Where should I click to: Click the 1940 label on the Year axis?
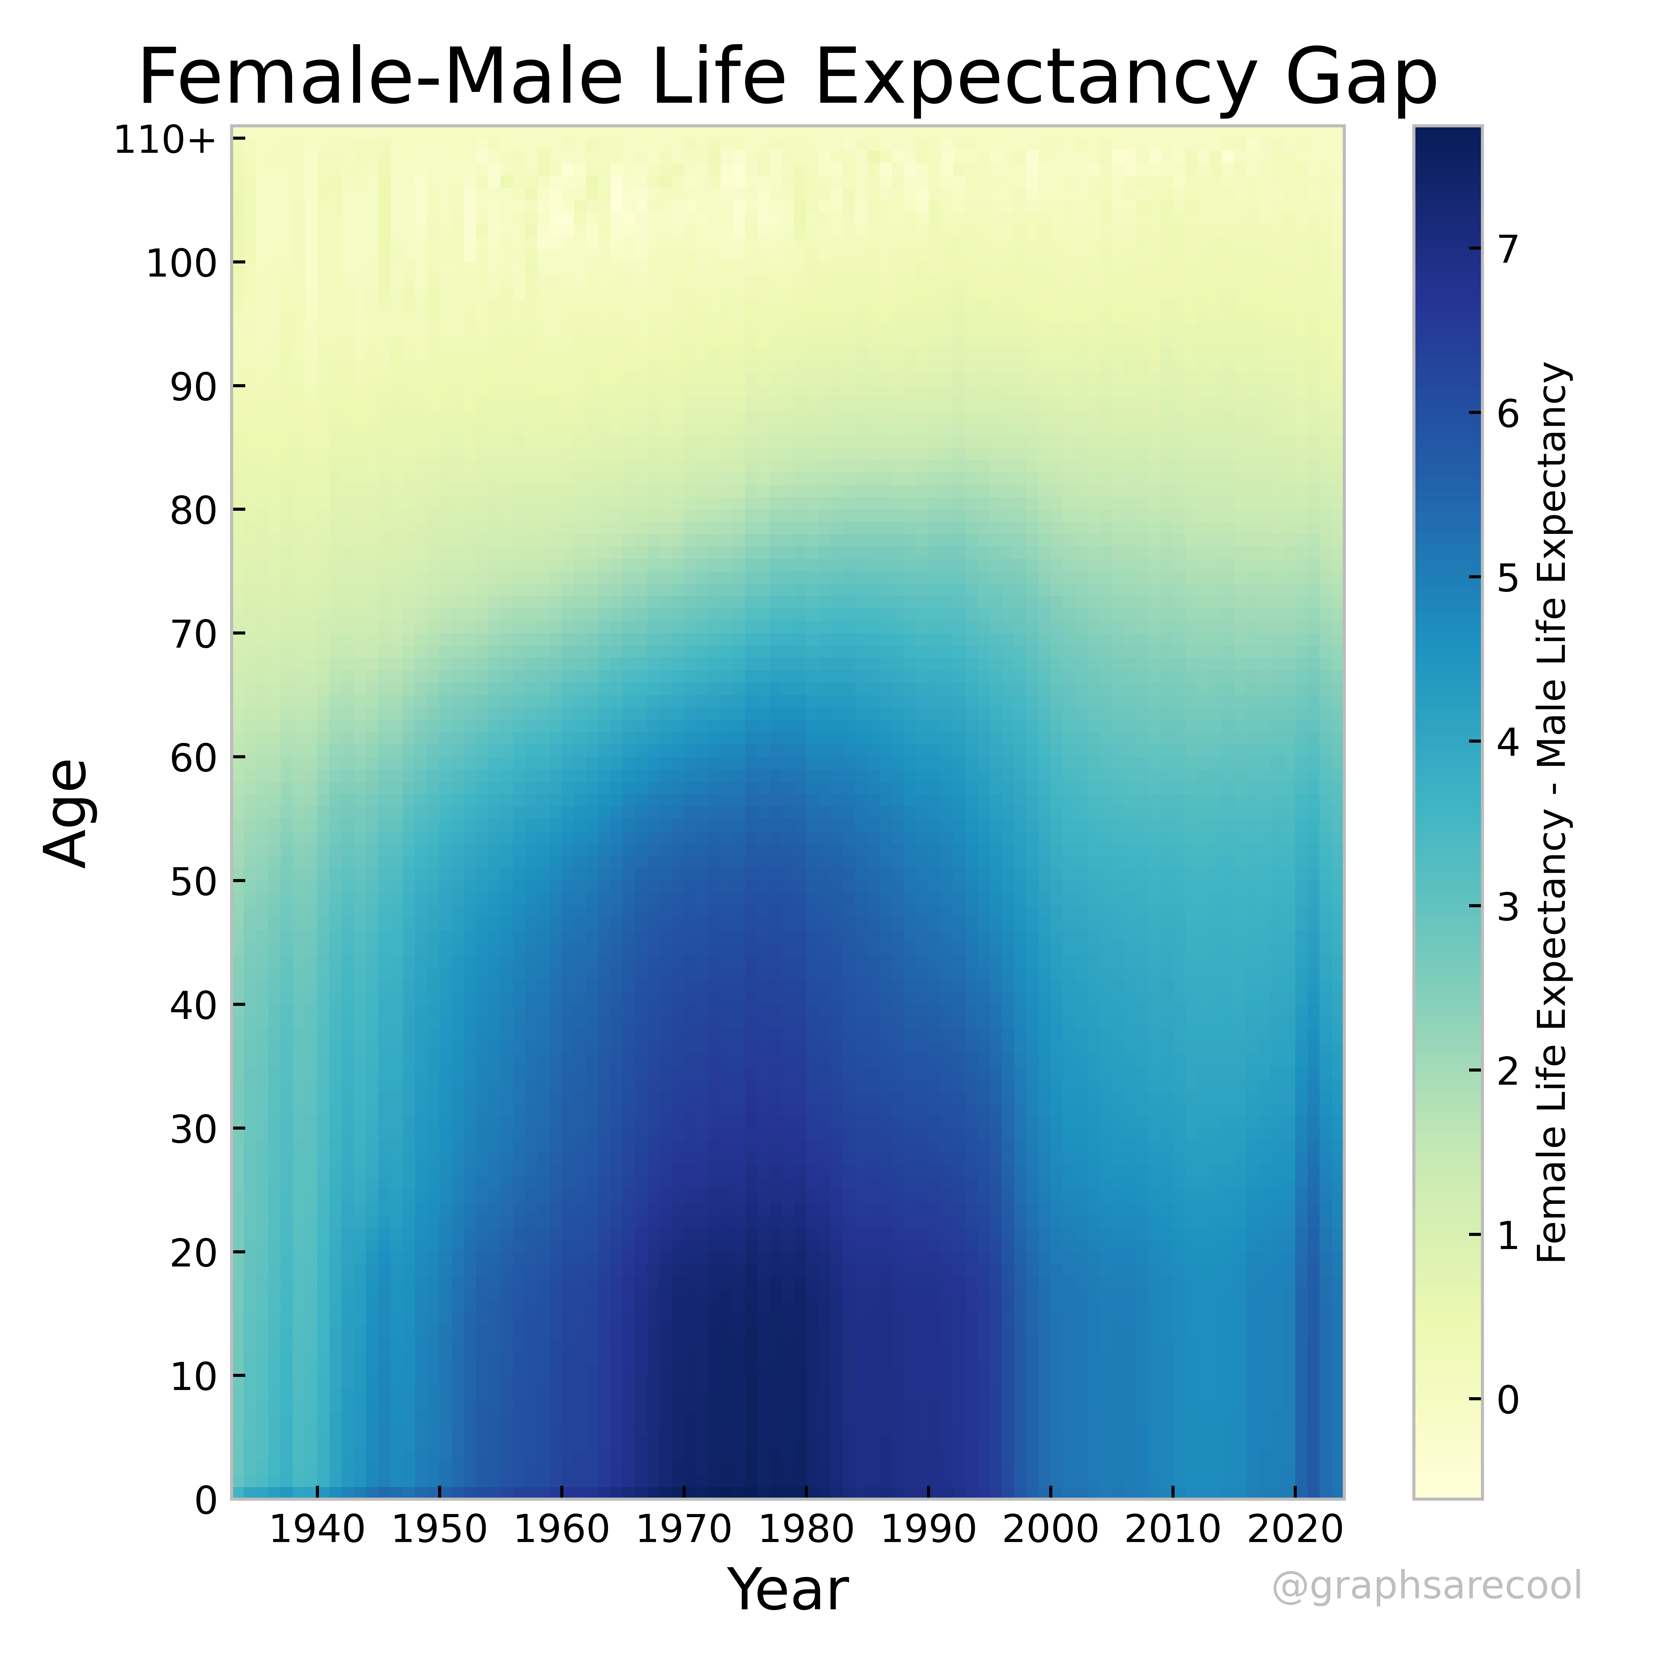pyautogui.click(x=318, y=1530)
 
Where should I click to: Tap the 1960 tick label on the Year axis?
pyautogui.click(x=562, y=1530)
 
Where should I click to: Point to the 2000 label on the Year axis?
pyautogui.click(x=1050, y=1530)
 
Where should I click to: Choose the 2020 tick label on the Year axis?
pyautogui.click(x=1294, y=1530)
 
